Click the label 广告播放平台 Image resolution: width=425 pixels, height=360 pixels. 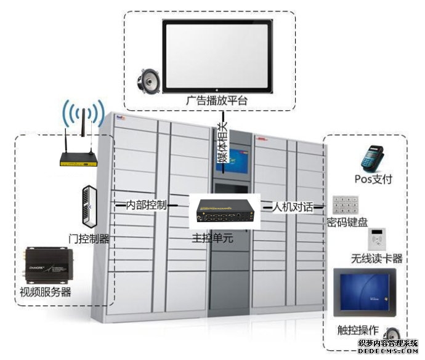(215, 100)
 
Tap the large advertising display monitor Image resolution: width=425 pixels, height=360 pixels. (216, 55)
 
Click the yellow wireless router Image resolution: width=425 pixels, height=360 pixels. (78, 160)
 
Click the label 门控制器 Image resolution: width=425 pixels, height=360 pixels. (89, 239)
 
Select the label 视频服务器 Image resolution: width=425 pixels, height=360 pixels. (46, 292)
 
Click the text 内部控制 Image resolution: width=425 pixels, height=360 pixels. (146, 206)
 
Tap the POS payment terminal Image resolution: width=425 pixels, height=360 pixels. (373, 158)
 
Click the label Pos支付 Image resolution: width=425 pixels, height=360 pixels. (373, 180)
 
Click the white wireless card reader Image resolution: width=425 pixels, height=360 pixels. (377, 239)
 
